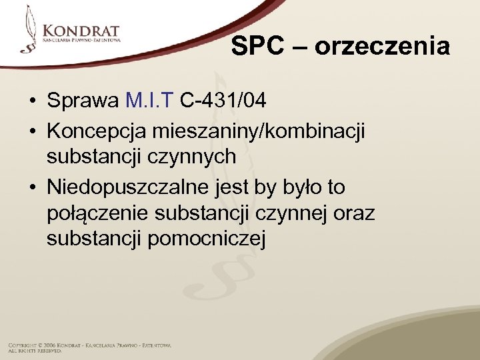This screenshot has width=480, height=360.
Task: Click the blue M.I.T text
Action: (x=149, y=101)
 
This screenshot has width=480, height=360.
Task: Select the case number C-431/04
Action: (x=223, y=101)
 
